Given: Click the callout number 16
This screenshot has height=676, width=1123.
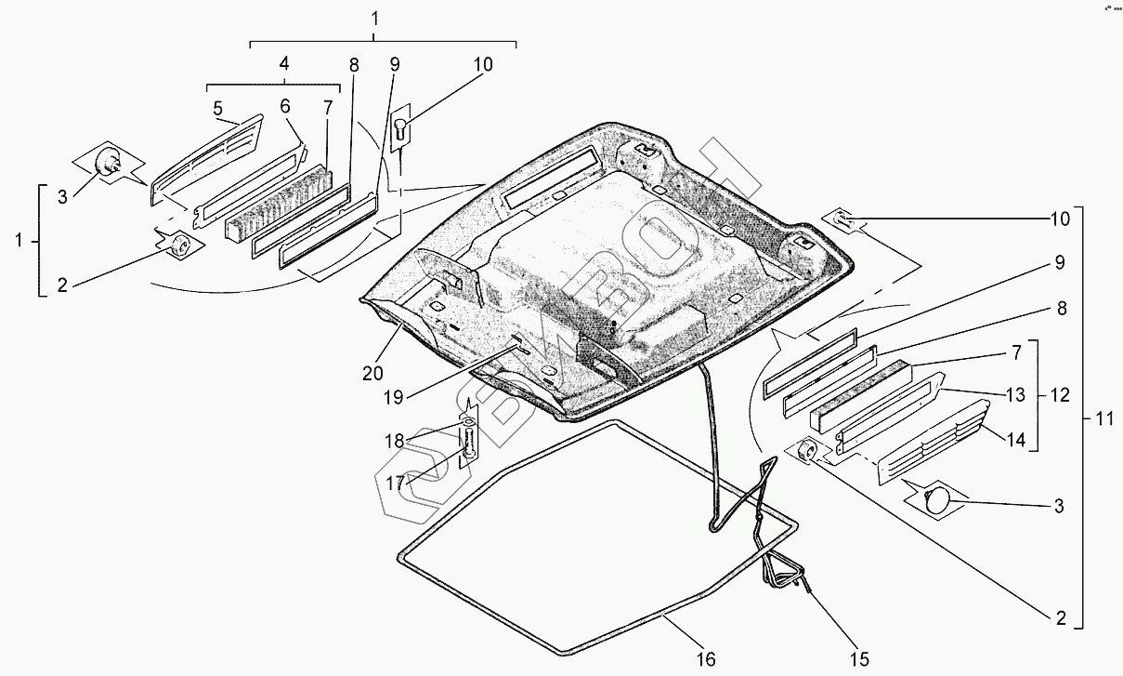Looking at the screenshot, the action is point(706,659).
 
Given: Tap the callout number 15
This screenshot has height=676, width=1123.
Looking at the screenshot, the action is point(861,659).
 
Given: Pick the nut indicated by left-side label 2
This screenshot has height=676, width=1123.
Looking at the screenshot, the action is point(178,245).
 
